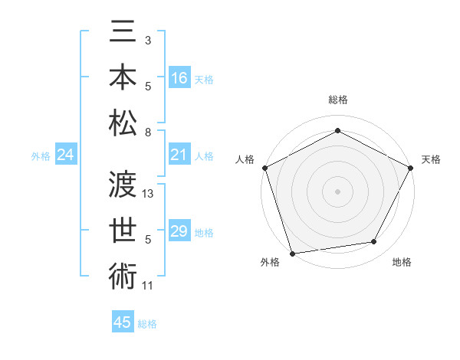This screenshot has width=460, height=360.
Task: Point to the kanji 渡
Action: tap(123, 184)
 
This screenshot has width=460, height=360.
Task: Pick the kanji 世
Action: tap(123, 227)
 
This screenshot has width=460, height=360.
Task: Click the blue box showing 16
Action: tap(179, 77)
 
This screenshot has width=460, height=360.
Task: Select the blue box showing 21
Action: tap(179, 155)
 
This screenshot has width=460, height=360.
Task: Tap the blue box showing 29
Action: tap(179, 231)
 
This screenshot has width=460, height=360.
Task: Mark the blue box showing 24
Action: tap(65, 155)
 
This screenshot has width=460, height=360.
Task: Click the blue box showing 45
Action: tap(122, 322)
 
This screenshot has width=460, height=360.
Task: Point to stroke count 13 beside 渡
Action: tap(149, 194)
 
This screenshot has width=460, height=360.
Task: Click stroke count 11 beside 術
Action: tap(148, 286)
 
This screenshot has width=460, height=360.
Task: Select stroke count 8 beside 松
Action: tap(148, 133)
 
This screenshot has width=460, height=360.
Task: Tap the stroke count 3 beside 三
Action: tap(148, 39)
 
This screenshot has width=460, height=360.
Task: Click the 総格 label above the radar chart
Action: tap(337, 100)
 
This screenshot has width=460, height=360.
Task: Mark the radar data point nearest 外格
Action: tap(292, 254)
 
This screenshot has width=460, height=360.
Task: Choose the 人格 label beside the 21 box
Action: tap(204, 155)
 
